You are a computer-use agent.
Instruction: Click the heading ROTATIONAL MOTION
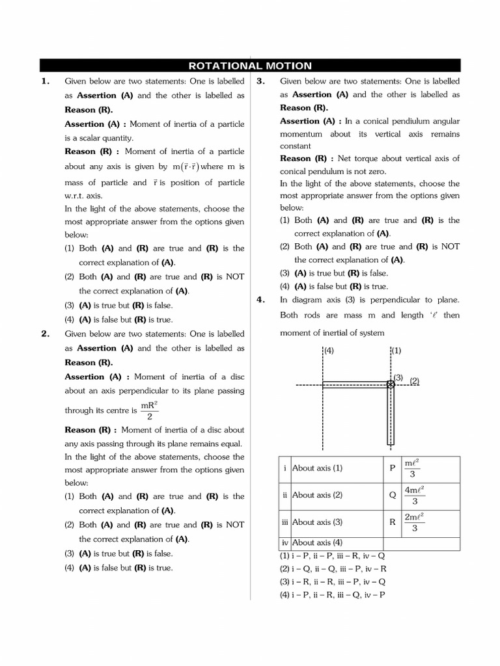pos(250,66)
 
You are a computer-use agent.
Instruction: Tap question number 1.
pos(46,81)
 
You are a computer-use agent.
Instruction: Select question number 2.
pos(46,334)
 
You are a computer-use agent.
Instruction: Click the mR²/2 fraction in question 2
pos(150,410)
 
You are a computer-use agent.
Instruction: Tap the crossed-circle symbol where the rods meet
pos(391,385)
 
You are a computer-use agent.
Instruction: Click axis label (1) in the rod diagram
pos(396,351)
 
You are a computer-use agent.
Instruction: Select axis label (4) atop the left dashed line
pos(328,351)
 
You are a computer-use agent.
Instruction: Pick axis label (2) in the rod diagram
pos(415,380)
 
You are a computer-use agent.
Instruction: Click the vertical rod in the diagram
pos(391,416)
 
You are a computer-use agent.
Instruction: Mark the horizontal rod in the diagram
pos(355,385)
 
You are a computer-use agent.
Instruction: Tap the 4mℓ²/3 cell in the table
pos(415,495)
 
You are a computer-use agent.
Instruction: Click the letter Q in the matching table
pos(392,495)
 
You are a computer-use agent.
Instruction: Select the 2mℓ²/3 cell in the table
pos(415,522)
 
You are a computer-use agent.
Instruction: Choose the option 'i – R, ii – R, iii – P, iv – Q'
pos(333,582)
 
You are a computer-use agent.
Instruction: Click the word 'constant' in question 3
pos(296,146)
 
